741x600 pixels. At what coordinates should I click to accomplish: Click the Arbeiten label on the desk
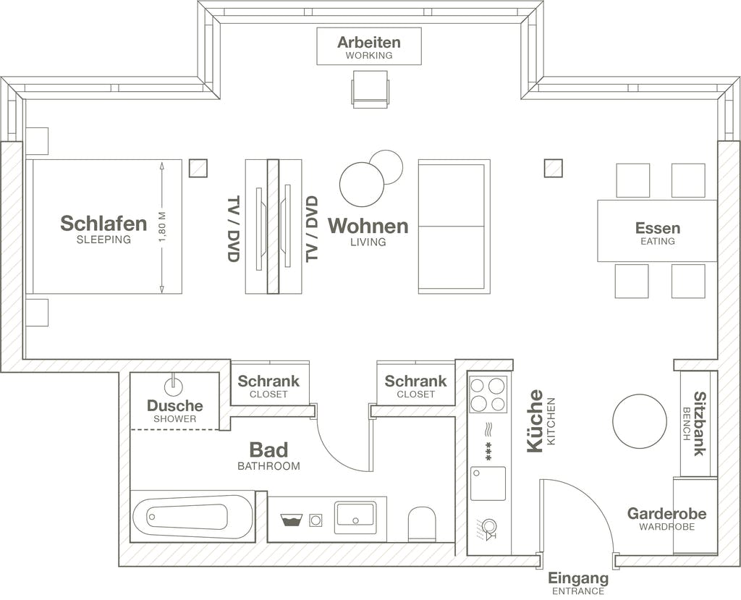[x=368, y=43]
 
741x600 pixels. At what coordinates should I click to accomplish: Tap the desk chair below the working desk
[x=370, y=89]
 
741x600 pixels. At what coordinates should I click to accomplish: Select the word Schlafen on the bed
[x=103, y=223]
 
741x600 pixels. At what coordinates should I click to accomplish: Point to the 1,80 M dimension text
[x=163, y=227]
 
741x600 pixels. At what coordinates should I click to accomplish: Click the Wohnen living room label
[x=368, y=226]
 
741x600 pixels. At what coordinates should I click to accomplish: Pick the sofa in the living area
[x=454, y=227]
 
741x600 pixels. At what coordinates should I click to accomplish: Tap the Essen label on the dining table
[x=657, y=229]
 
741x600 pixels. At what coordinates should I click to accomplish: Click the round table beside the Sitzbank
[x=640, y=421]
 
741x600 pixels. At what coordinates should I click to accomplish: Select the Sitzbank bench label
[x=700, y=423]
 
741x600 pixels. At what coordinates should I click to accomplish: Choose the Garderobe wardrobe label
[x=666, y=513]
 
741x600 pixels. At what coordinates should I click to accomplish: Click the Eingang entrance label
[x=578, y=578]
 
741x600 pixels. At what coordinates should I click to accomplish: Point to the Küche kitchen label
[x=535, y=421]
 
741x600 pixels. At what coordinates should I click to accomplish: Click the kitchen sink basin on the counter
[x=488, y=483]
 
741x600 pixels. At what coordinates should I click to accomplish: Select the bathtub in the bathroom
[x=192, y=515]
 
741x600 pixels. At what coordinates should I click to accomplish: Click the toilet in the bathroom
[x=422, y=524]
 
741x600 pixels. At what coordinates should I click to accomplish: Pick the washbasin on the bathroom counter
[x=355, y=517]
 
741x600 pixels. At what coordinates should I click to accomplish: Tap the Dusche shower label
[x=175, y=406]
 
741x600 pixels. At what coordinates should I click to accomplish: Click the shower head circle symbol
[x=174, y=386]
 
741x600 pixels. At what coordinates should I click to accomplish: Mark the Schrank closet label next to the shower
[x=268, y=381]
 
